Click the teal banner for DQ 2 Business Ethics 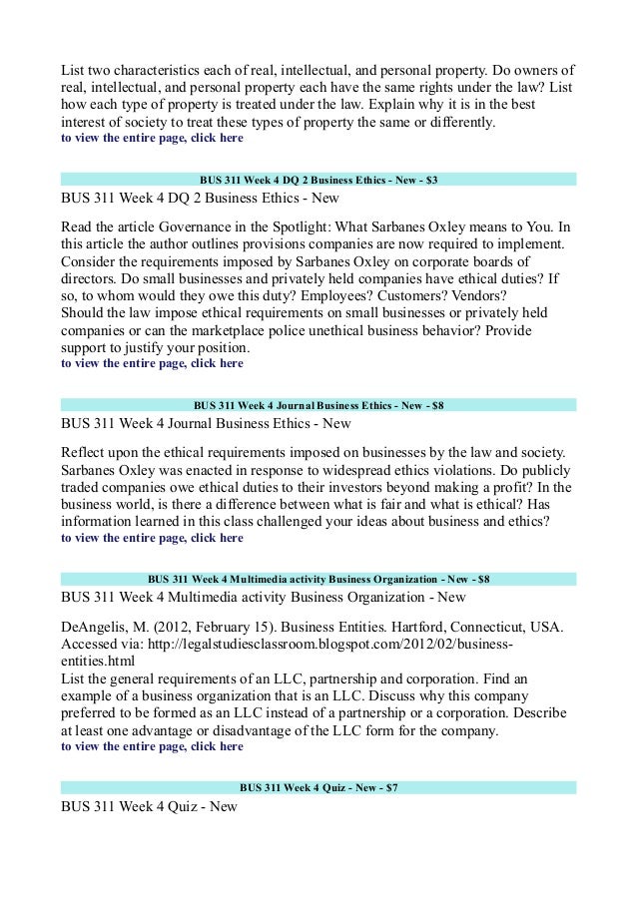(318, 180)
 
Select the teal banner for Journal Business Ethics (318, 405)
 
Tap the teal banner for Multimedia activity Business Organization (318, 578)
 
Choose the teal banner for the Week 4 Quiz (318, 787)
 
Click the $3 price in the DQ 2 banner (430, 180)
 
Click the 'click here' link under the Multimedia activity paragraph (217, 745)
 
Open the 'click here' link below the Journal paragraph (217, 537)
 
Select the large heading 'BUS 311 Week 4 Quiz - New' (149, 806)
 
